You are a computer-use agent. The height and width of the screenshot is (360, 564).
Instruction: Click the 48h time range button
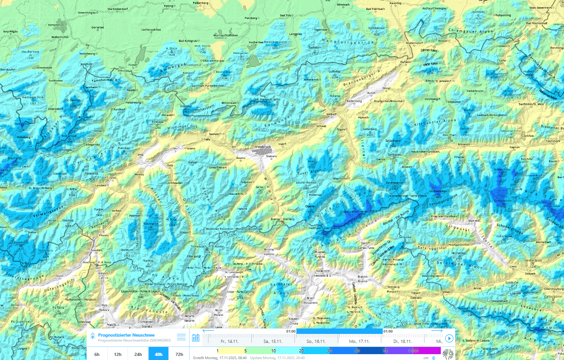[158, 354]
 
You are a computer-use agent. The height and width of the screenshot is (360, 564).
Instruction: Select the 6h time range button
[97, 354]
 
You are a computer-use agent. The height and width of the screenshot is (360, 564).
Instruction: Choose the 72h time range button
[179, 354]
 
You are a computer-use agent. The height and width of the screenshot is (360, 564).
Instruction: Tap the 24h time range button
[138, 354]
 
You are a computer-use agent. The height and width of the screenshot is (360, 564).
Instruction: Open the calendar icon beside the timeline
[196, 338]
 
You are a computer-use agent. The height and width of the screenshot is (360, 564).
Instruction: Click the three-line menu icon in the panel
[181, 337]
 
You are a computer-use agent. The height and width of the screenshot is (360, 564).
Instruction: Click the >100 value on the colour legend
[413, 351]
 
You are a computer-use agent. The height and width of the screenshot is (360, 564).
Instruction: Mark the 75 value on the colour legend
[385, 351]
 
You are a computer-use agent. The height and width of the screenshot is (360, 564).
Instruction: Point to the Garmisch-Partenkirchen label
[208, 85]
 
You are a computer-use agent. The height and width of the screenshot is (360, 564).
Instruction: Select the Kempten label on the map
[54, 25]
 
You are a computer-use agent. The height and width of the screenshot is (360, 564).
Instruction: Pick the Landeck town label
[100, 185]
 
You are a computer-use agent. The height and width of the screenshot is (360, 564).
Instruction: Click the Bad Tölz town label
[286, 15]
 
